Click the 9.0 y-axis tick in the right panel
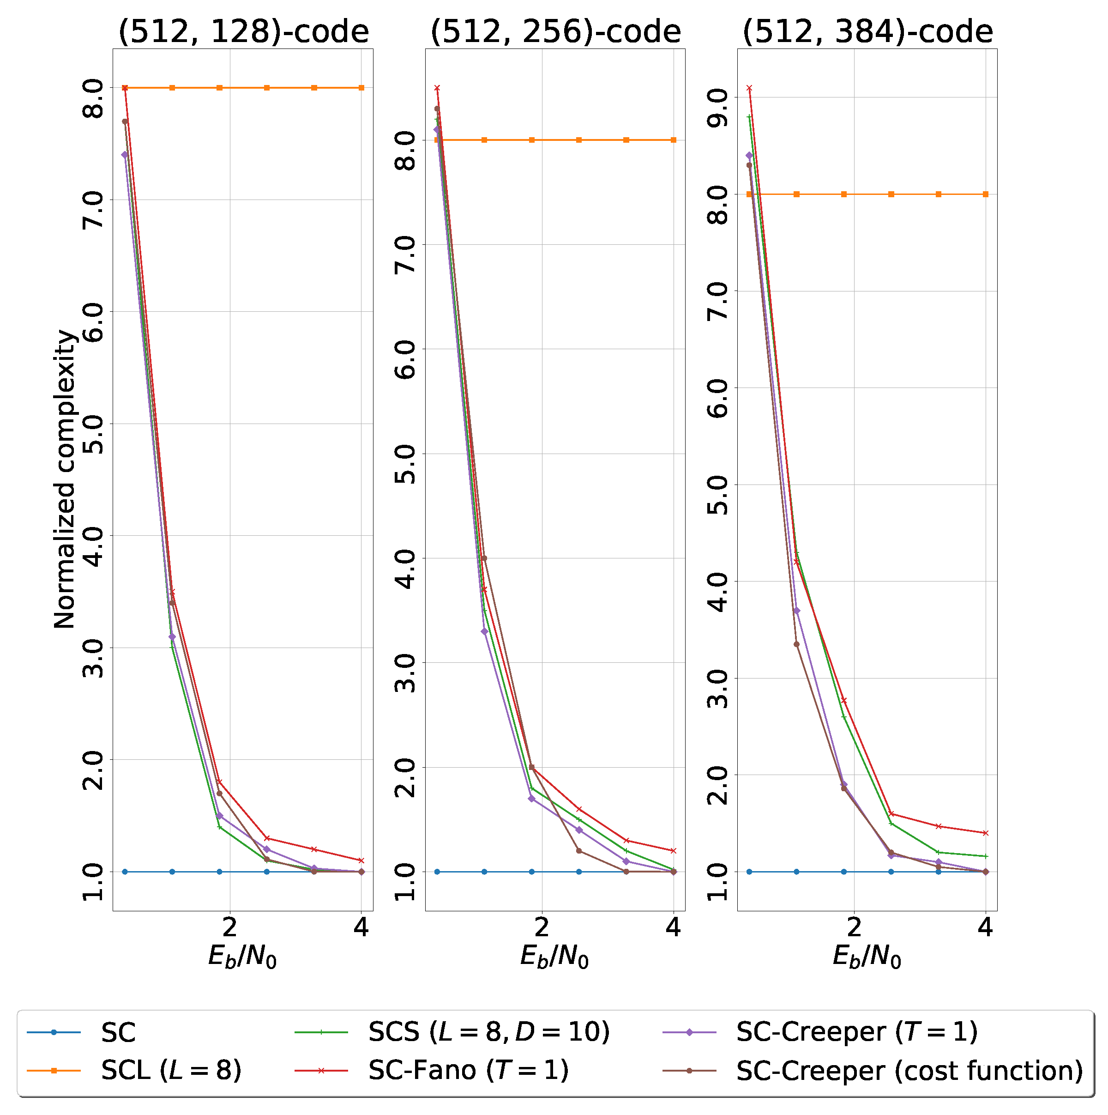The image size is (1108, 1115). [x=718, y=97]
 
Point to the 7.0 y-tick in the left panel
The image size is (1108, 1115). [x=93, y=200]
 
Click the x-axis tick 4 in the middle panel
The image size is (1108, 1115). [x=673, y=927]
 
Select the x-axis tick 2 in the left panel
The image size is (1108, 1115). [x=230, y=927]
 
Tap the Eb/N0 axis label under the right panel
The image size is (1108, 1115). [x=867, y=957]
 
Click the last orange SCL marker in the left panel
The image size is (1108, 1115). [x=361, y=88]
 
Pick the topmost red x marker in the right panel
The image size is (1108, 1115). [x=749, y=88]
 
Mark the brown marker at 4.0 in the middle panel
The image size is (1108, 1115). [x=484, y=558]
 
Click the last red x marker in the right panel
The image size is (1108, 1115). [x=986, y=833]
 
